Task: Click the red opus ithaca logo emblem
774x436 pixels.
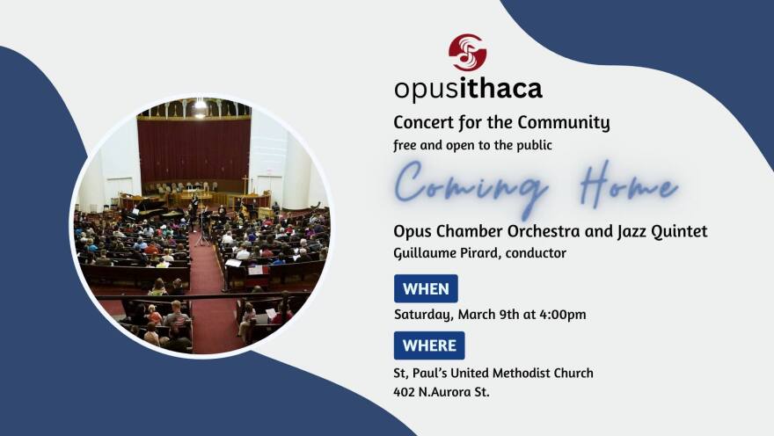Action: (467, 52)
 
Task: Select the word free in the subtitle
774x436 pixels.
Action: (405, 146)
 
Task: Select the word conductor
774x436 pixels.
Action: (536, 253)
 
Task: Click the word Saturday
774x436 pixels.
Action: (423, 315)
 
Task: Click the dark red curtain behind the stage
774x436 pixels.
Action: (194, 149)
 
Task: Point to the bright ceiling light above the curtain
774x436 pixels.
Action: (200, 105)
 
